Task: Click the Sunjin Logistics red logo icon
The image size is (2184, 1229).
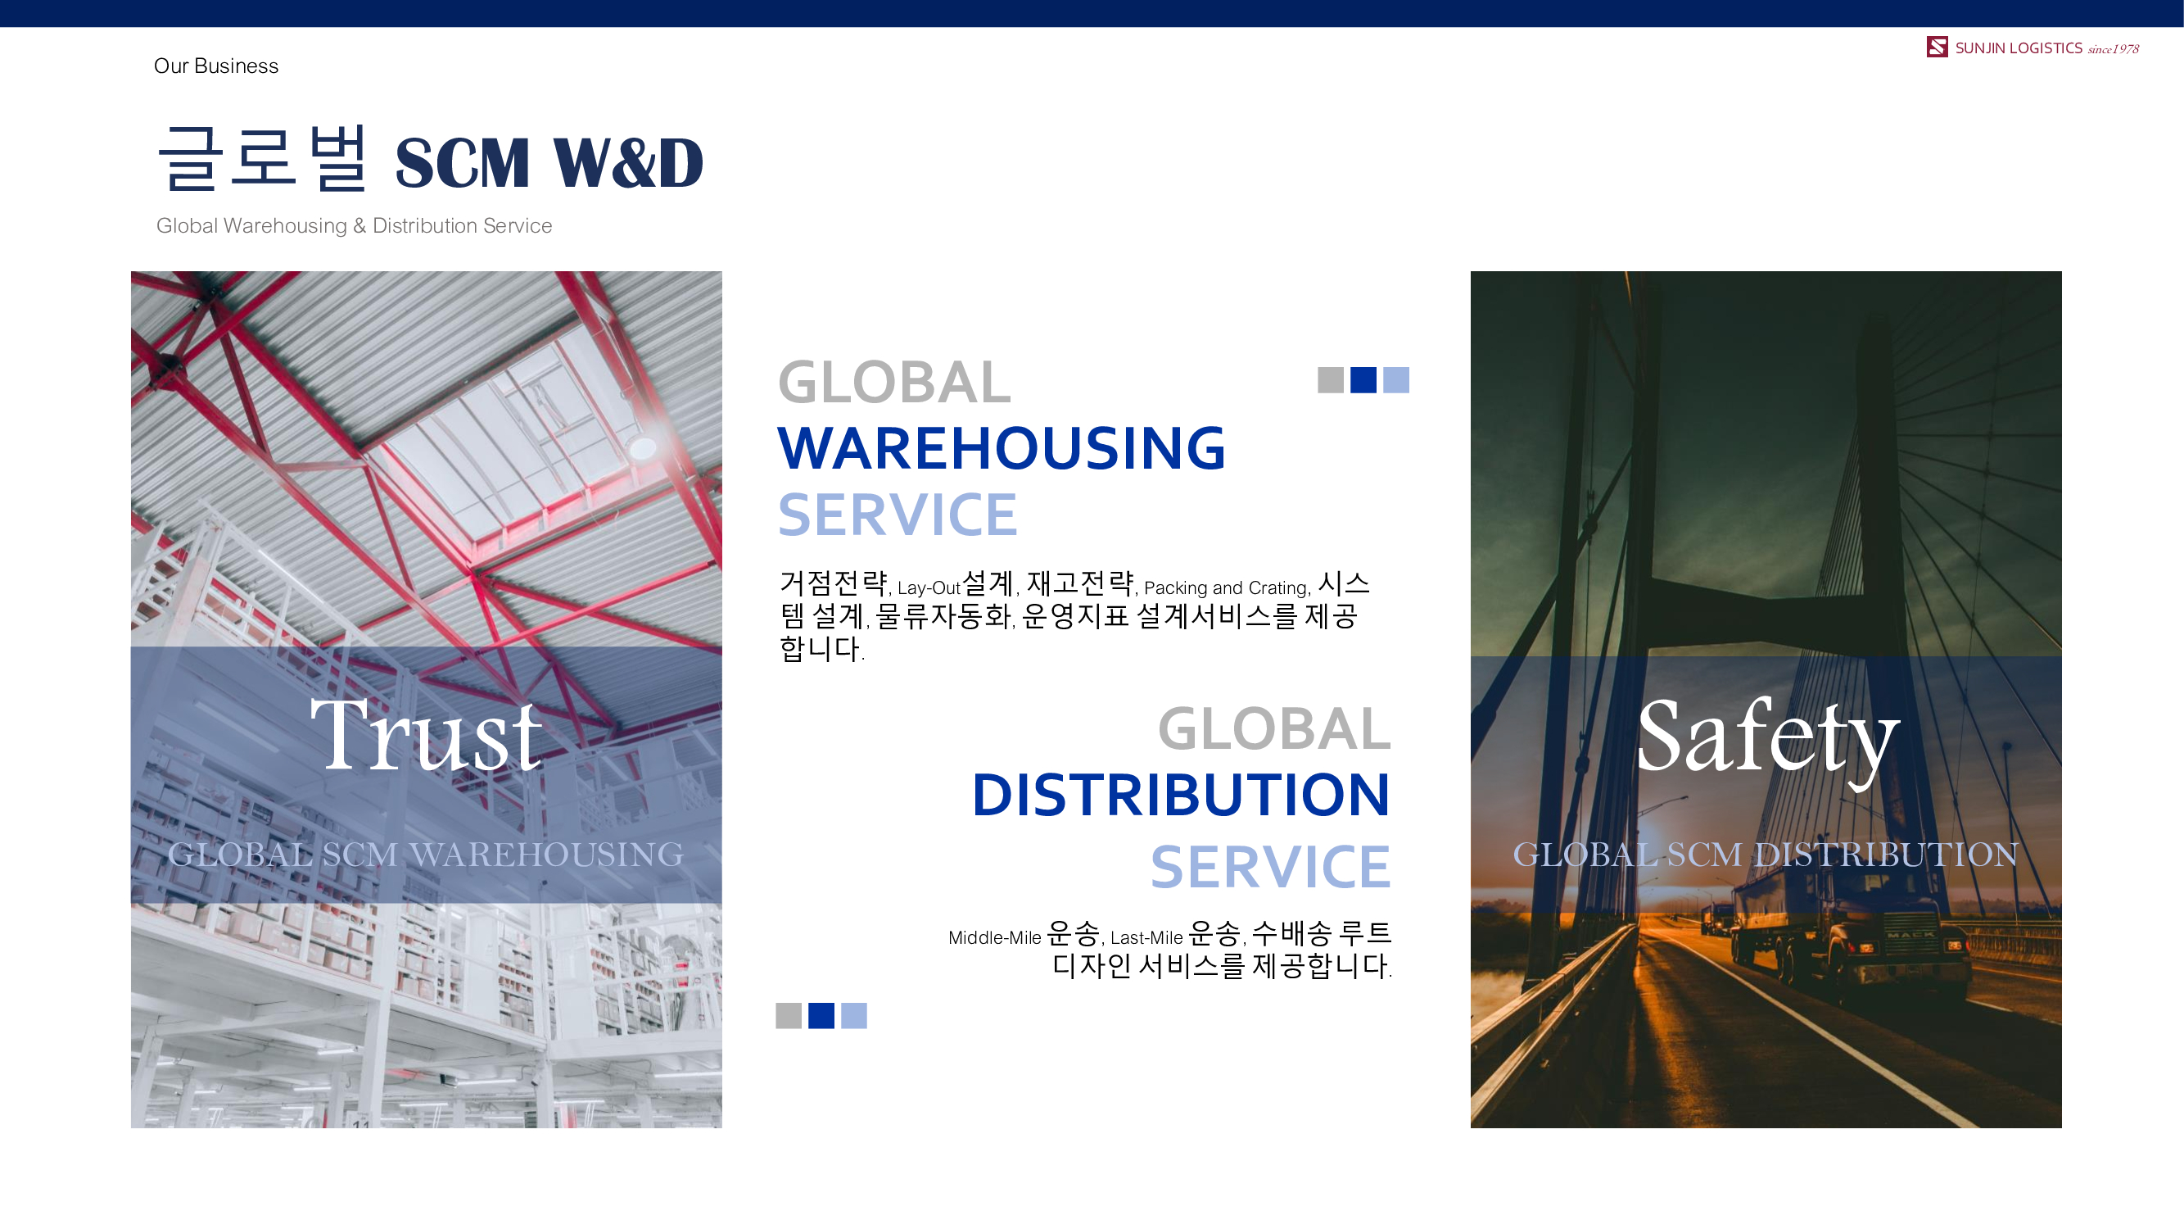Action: click(1937, 47)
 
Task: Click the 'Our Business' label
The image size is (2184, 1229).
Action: click(216, 66)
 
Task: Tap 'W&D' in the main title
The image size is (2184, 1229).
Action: click(628, 162)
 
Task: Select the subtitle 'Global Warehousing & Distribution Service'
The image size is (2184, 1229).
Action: click(354, 225)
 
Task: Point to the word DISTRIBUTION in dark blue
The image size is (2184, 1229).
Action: click(1181, 796)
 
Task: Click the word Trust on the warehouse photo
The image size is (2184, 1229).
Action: click(426, 734)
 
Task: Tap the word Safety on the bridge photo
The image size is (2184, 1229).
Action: click(1768, 740)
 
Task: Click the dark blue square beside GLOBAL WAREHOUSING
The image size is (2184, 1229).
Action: click(1363, 380)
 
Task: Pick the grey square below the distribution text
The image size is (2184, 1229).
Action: click(789, 1015)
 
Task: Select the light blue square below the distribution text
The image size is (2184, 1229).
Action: click(854, 1015)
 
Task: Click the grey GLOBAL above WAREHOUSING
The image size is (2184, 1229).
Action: click(894, 382)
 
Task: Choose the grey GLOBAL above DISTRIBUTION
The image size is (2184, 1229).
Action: click(1274, 729)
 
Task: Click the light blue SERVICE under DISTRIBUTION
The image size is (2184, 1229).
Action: click(1270, 867)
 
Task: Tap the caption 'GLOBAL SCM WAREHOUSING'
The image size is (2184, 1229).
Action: click(426, 854)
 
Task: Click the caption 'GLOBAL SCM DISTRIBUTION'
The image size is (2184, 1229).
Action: click(1766, 854)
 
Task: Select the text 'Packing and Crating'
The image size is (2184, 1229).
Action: click(1226, 587)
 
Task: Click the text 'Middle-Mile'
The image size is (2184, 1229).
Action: click(994, 937)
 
